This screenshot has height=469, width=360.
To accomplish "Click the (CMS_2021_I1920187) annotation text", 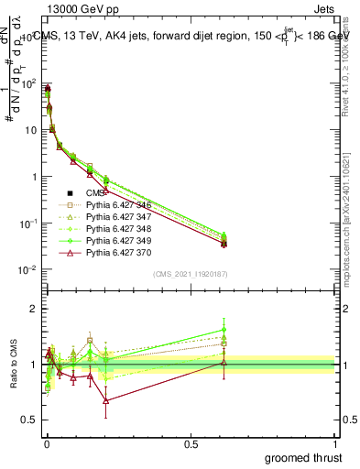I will point(190,274).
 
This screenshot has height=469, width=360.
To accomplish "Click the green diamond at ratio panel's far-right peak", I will point(224,329).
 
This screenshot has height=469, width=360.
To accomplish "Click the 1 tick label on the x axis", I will point(335,443).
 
